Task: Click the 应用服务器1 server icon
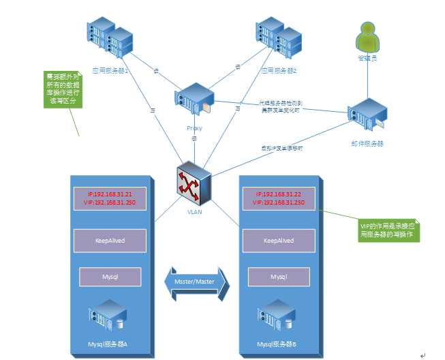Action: [x=109, y=42]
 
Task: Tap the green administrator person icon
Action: [x=368, y=37]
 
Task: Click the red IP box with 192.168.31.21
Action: [x=110, y=198]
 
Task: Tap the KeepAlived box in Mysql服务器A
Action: [x=110, y=240]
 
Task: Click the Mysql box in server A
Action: [x=110, y=277]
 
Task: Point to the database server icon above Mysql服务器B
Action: [x=277, y=318]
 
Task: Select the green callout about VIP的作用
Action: [x=388, y=230]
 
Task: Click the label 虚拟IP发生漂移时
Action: [x=281, y=147]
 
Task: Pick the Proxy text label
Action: [x=194, y=128]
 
